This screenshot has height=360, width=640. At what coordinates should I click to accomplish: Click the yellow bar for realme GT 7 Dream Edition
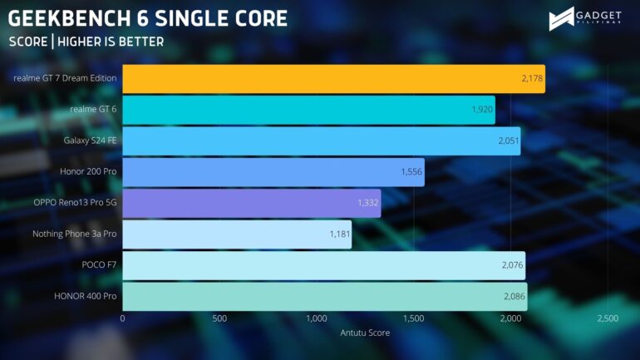[x=332, y=78]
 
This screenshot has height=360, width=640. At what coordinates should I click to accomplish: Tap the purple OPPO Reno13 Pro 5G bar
[x=251, y=203]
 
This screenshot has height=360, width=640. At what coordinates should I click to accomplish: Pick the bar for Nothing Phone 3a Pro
[x=237, y=234]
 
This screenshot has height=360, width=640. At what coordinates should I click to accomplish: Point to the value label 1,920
[x=482, y=110]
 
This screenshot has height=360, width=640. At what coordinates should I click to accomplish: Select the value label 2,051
[x=509, y=141]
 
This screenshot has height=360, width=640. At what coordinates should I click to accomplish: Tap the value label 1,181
[x=340, y=234]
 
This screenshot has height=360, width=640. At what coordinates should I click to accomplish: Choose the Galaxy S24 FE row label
[x=90, y=141]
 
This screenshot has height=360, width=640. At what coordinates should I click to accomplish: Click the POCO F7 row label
[x=97, y=265]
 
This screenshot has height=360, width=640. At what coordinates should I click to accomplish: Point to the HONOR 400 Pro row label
[x=86, y=297]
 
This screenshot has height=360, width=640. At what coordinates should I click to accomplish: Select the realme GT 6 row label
[x=94, y=110]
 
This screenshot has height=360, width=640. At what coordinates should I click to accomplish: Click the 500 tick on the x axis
[x=219, y=319]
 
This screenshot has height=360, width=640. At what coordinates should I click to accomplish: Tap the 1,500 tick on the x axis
[x=413, y=319]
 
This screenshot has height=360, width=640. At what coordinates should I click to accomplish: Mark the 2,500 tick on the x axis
[x=607, y=319]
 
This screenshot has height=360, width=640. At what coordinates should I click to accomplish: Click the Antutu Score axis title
[x=365, y=333]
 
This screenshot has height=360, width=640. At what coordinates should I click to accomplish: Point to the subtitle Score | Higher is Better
[x=86, y=41]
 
